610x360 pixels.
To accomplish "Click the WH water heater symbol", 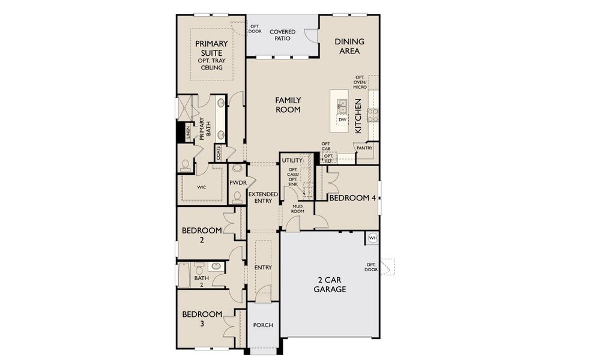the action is coord(373,238).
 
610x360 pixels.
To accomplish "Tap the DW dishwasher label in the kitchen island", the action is coord(342,120).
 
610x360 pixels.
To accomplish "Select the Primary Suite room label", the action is coord(211,48).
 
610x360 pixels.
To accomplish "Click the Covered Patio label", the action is coord(282,35).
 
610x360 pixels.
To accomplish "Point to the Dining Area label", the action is coord(349,46).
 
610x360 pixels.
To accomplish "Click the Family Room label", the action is coord(288,105).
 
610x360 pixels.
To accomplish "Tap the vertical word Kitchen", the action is coord(358,116).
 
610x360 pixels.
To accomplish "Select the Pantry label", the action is coord(364,148).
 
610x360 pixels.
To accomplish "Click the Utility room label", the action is coord(292,160).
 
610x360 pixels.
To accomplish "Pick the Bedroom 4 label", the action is coord(352,198).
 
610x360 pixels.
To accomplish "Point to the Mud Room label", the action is coord(298,209).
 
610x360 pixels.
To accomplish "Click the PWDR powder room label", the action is coord(238,183).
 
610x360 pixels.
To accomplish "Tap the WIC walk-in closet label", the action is coord(202,187).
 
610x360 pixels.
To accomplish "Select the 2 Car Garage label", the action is coord(330,284).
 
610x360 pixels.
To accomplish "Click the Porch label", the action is coord(263,325).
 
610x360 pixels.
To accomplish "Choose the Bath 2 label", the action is coord(202,281).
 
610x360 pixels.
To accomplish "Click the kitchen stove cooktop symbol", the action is coord(373,115).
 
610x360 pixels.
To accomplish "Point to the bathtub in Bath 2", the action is coord(184,275).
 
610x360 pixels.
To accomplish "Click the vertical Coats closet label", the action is coord(219,153).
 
